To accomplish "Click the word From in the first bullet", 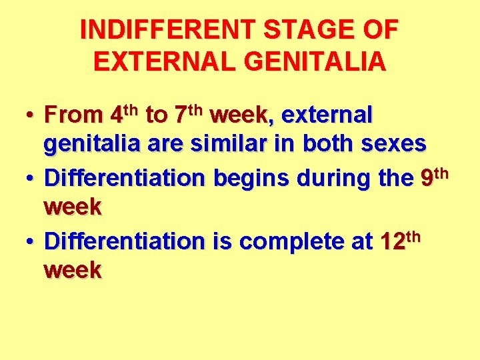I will (72, 116).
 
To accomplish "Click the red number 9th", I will (435, 177).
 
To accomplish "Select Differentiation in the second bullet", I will (125, 179).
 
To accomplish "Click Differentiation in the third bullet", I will (125, 241).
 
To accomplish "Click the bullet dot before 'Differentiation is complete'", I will (30, 243).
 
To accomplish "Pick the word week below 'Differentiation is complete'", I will (73, 271).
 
